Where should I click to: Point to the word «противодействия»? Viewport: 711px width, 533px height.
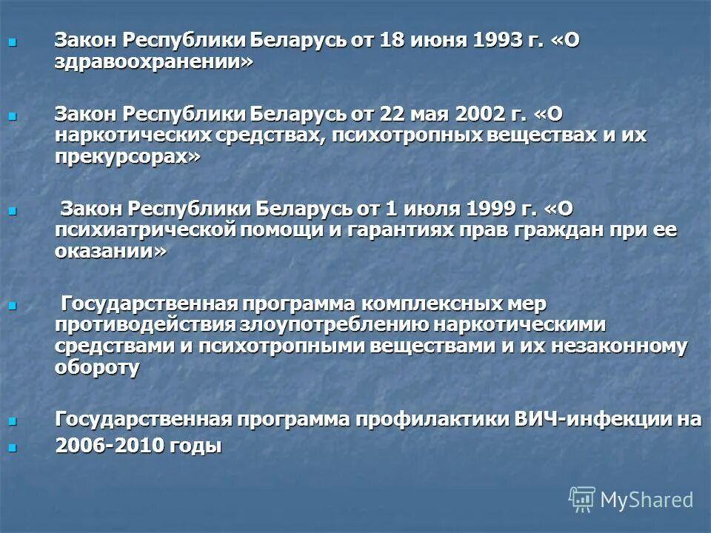pos(145,324)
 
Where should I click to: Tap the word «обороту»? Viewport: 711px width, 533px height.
pos(97,367)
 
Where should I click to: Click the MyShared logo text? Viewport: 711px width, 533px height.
pos(647,500)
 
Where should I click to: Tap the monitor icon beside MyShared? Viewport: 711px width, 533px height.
pos(582,500)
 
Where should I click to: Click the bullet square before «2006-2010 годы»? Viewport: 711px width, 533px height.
pos(11,446)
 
